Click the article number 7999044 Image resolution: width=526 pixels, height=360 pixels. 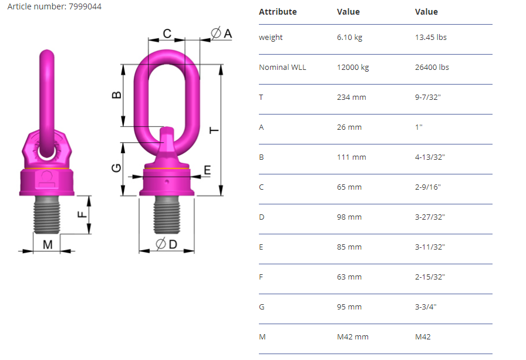85,6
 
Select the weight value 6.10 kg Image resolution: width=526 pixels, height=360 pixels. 349,37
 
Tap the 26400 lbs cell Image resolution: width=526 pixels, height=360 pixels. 431,67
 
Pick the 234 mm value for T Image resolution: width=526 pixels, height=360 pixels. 351,97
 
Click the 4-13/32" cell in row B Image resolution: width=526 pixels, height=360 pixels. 430,157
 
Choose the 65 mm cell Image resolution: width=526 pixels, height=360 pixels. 349,187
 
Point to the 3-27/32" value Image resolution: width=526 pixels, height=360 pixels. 430,217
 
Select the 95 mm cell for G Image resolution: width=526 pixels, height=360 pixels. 349,307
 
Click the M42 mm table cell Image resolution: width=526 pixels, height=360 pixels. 353,337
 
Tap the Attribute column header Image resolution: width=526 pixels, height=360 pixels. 278,12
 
